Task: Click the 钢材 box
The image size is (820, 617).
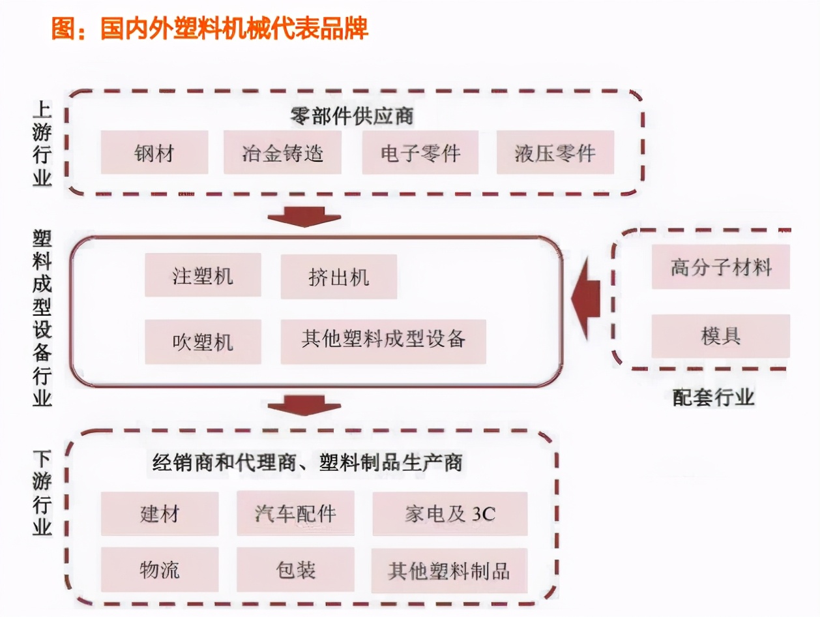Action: point(154,153)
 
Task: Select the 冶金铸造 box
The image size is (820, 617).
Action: point(282,153)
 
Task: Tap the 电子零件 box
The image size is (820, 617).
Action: point(420,153)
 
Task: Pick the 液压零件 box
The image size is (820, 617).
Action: point(555,153)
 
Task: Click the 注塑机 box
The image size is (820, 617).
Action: point(203,276)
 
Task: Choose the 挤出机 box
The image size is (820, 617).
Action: point(338,277)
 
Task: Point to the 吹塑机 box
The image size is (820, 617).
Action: point(203,341)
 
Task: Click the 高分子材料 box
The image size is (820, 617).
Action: point(720,267)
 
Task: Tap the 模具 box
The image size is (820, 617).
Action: point(720,336)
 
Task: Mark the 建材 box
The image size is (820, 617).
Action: point(160,513)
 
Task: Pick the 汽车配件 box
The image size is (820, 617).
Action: point(295,513)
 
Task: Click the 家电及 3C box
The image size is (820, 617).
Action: point(450,513)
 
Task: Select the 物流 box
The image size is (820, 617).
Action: point(160,569)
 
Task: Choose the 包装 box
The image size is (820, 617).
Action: point(295,569)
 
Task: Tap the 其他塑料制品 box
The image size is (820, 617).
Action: point(448,571)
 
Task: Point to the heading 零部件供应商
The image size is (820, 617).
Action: point(352,116)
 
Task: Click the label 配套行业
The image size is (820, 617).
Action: point(713,397)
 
